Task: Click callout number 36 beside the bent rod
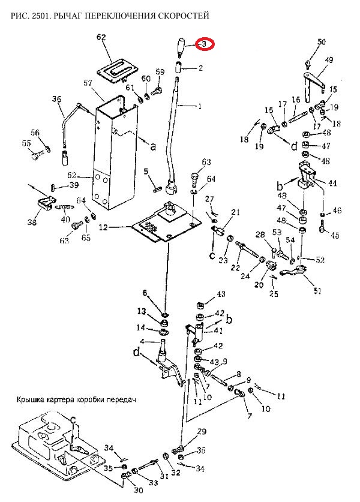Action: click(x=56, y=99)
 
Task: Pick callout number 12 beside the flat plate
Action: click(x=103, y=227)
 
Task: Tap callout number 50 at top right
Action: click(x=322, y=42)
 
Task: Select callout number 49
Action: click(x=329, y=60)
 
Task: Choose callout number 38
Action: click(x=32, y=223)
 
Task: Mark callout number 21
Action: click(x=235, y=212)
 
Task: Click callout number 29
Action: click(x=202, y=432)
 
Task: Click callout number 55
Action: click(x=26, y=143)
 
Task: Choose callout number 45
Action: click(x=335, y=235)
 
